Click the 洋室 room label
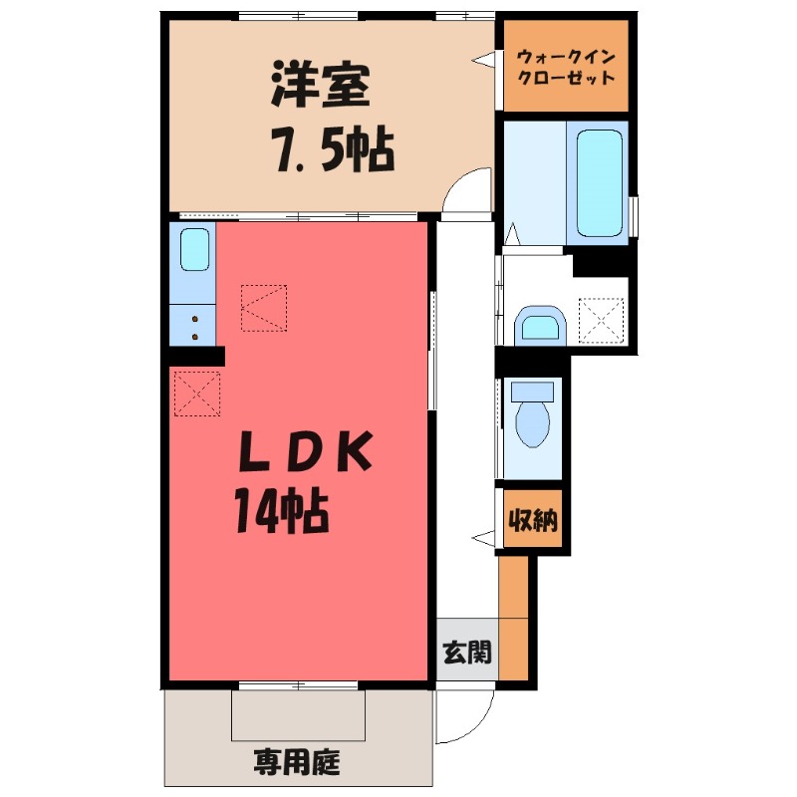tap(321, 87)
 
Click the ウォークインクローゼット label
tap(566, 66)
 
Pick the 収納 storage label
tap(533, 519)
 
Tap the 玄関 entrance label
tap(466, 654)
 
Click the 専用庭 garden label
tap(296, 765)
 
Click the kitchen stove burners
tap(193, 322)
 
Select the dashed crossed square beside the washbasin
tap(602, 321)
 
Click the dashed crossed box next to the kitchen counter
tap(264, 306)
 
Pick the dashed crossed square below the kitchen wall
tap(196, 393)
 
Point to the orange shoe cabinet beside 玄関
tap(513, 618)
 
